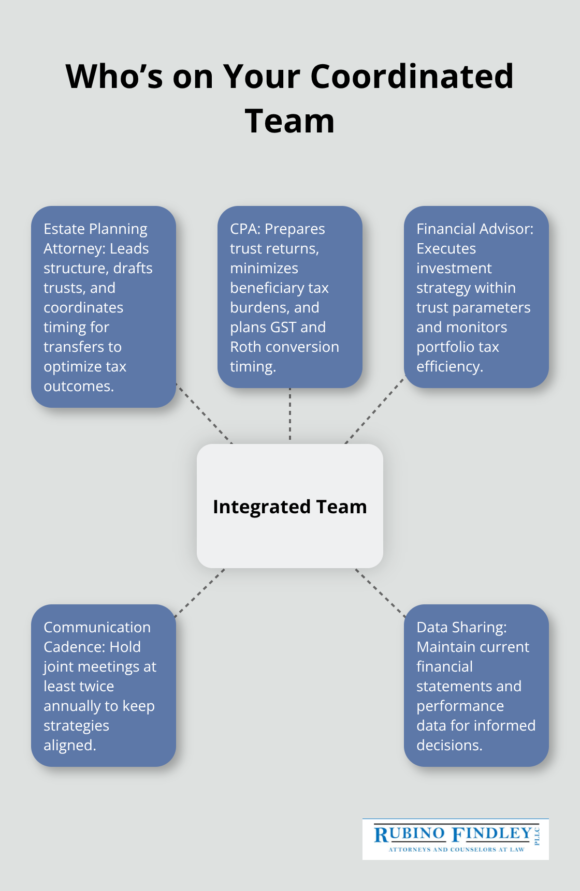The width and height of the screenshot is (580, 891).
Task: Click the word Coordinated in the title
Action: (x=412, y=77)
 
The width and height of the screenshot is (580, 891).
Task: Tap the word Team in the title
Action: (x=289, y=121)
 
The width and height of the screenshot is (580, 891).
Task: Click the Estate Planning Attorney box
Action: (x=104, y=306)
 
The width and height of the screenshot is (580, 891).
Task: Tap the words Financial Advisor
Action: (x=474, y=229)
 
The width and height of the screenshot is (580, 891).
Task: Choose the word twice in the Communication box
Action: (x=93, y=686)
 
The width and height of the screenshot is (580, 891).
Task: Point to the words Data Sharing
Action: (x=461, y=627)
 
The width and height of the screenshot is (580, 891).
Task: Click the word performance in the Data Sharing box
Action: (x=460, y=706)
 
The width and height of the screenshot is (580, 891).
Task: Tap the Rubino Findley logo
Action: (x=455, y=839)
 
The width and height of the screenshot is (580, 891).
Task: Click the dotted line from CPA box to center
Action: (x=290, y=415)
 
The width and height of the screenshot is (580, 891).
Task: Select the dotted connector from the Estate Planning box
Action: (x=204, y=413)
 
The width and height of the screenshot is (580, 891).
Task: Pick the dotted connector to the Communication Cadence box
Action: (x=200, y=593)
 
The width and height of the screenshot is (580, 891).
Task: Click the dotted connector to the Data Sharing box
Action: (x=380, y=593)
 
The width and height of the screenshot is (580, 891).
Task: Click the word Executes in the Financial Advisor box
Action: (x=446, y=248)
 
